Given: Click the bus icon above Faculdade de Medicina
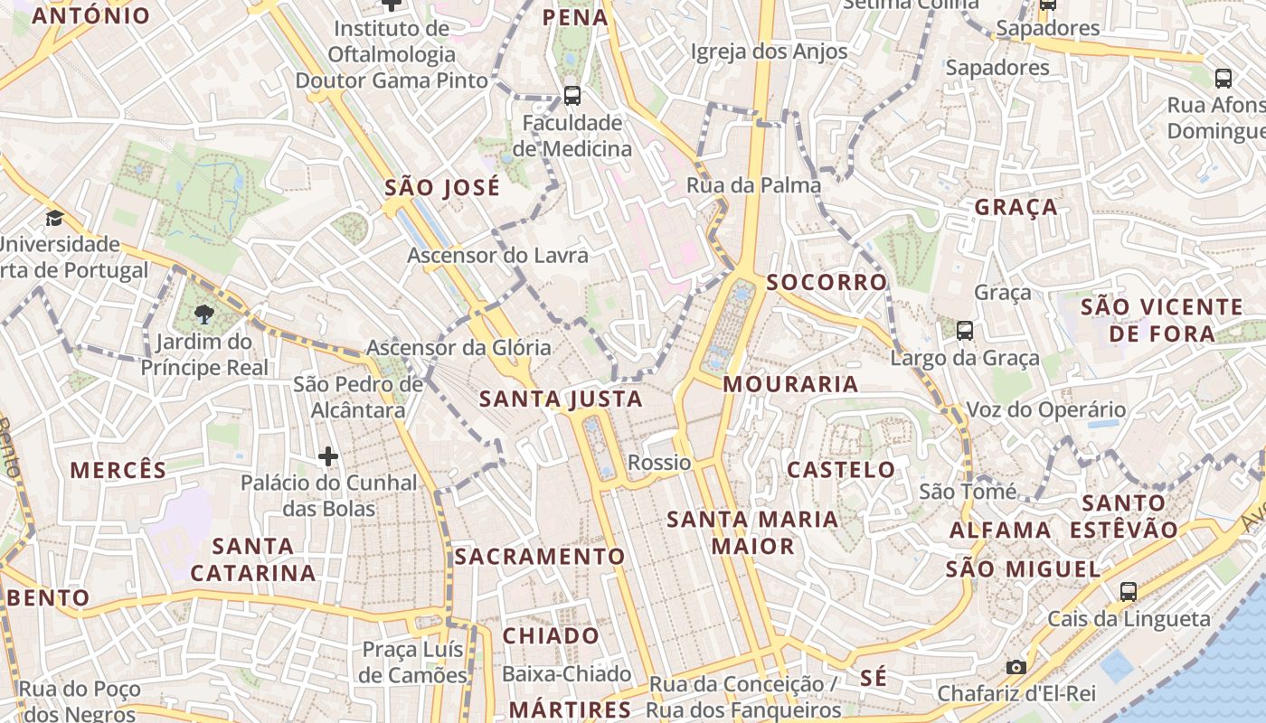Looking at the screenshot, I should [572, 95].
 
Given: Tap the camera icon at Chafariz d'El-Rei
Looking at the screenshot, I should [1016, 667].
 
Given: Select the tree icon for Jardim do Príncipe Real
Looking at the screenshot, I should [204, 315].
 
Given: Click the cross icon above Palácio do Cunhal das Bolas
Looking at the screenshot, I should [328, 456].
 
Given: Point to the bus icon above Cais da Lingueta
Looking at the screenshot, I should [1128, 592].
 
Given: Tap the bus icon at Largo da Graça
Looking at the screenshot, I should [965, 331].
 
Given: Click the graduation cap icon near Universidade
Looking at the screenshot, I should [55, 218].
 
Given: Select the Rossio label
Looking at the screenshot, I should [659, 463].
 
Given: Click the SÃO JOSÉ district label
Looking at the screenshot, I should [442, 188].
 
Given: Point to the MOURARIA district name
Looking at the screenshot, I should [790, 384].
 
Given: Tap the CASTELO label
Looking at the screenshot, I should [841, 470].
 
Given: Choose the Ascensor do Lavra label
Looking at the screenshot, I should [497, 256].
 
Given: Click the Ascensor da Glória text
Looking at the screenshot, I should [458, 347].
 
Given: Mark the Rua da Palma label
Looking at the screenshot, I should [754, 185].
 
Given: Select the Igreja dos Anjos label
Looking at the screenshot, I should [769, 52].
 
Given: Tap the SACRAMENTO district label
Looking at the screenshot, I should [540, 557].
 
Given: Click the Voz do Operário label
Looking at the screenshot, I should [1046, 409].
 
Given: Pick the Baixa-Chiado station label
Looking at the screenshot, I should [566, 673].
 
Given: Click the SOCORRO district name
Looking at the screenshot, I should [827, 282].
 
